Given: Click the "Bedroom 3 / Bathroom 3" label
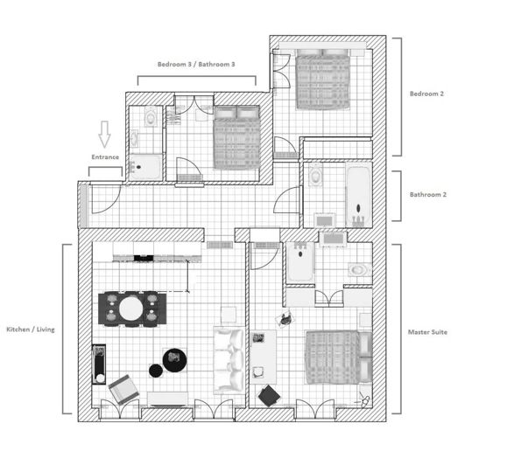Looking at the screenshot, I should [196, 64].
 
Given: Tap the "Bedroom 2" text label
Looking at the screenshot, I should [428, 93].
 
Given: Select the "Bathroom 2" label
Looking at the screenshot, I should [428, 194].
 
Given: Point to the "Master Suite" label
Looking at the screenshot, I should [429, 332].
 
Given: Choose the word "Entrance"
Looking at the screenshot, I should [105, 157].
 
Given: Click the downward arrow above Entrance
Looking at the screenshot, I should [105, 135].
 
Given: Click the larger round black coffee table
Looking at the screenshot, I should [176, 358].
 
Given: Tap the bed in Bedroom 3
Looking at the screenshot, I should [237, 137].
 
